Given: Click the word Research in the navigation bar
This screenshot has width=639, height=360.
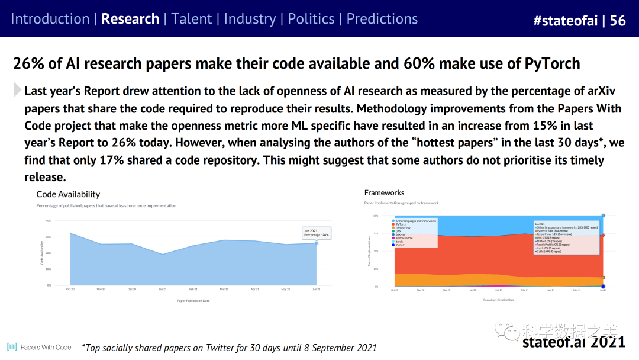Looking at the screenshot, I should point(130,19).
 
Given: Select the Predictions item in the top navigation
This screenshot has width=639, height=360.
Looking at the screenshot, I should point(382,19).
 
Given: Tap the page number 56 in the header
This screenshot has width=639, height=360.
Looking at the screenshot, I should point(618,21).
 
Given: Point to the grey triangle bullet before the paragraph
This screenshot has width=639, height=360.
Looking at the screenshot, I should point(17,90).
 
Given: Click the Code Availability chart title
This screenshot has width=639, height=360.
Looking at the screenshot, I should point(68,194).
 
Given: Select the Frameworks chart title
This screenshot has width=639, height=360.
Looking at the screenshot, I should point(385,192).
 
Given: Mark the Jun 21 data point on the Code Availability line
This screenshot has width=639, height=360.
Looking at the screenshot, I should point(317,243).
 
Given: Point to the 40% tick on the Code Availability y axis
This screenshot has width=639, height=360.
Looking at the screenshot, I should point(49,221).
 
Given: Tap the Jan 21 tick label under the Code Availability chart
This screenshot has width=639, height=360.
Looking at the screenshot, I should point(163,289).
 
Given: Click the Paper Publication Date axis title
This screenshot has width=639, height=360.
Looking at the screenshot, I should point(193,301).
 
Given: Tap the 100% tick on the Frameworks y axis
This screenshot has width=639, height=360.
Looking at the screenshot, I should point(375,216).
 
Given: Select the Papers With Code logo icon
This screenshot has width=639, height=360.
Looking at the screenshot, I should point(12,347).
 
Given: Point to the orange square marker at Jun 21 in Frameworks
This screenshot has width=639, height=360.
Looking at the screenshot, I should point(603,277).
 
